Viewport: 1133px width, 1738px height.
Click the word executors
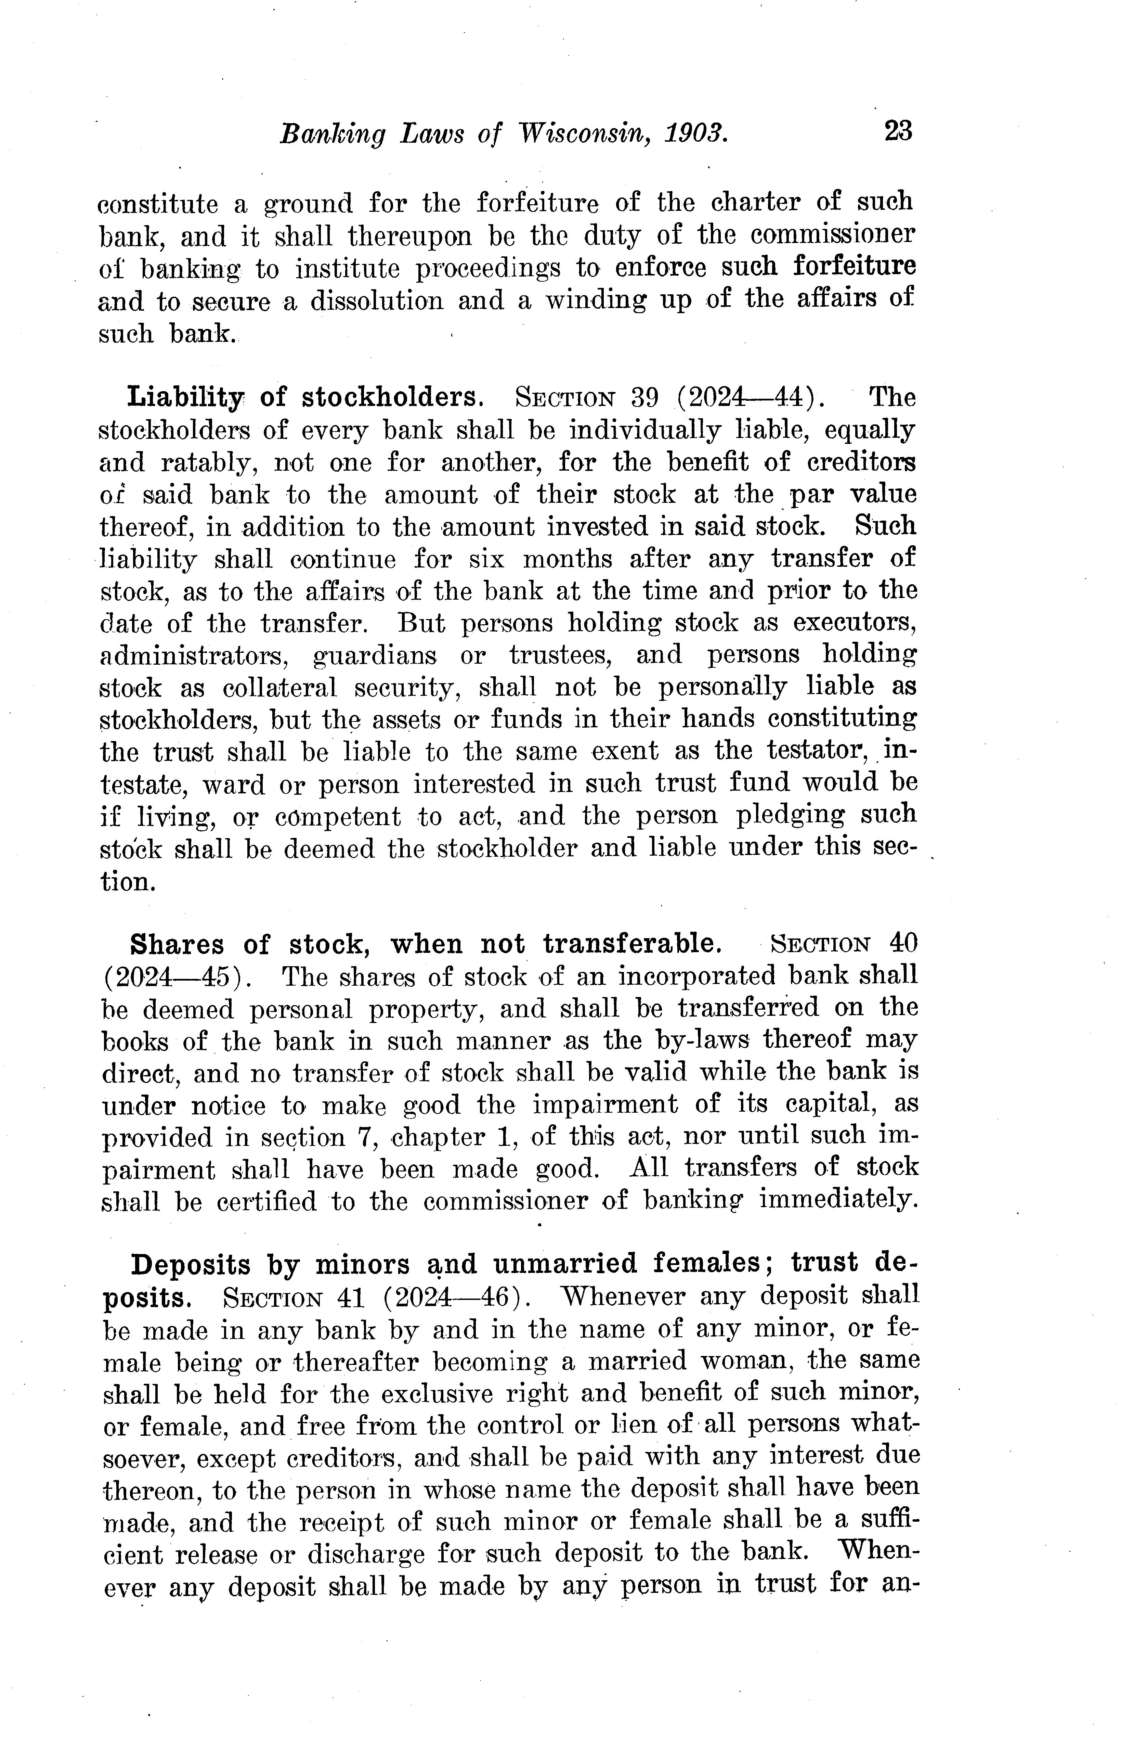click(854, 623)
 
